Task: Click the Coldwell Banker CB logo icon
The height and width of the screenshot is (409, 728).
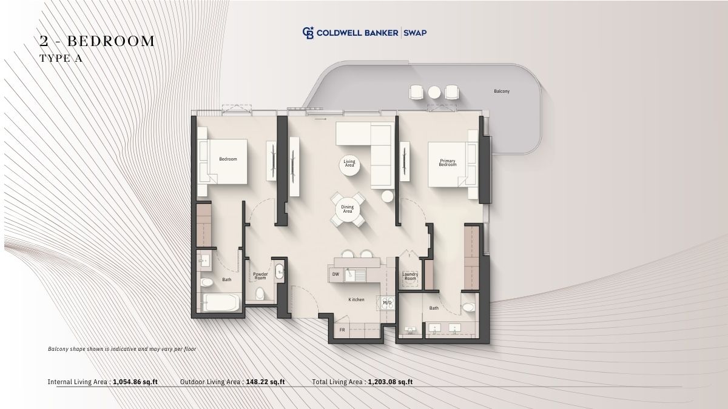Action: (x=308, y=33)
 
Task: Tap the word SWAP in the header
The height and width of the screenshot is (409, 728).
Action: (x=415, y=33)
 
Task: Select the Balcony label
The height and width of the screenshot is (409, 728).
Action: (x=502, y=91)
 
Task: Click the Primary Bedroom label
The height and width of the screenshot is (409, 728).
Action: (x=448, y=162)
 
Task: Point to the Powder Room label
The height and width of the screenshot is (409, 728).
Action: (x=260, y=276)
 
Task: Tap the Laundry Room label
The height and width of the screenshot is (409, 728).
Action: (x=410, y=276)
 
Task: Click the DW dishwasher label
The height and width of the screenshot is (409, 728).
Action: (x=335, y=274)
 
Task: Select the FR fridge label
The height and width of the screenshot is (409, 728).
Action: (x=342, y=330)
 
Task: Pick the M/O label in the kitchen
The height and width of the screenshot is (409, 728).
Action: (x=387, y=302)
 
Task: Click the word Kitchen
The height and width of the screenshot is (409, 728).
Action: (x=356, y=299)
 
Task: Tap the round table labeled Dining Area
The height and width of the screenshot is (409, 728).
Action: (x=348, y=209)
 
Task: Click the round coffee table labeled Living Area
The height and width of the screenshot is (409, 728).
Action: (x=349, y=165)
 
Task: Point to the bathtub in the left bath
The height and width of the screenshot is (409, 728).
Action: (x=221, y=302)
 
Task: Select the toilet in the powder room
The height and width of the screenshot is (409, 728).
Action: (x=260, y=293)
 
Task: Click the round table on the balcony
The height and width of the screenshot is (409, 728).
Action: (x=434, y=92)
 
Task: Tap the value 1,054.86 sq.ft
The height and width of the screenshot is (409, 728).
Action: (x=135, y=382)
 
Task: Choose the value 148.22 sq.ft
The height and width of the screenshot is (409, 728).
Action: (x=265, y=382)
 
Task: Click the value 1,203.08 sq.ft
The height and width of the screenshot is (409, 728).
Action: (x=390, y=382)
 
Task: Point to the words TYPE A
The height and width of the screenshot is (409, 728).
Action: (x=61, y=58)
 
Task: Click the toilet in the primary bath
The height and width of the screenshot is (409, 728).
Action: (x=468, y=307)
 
